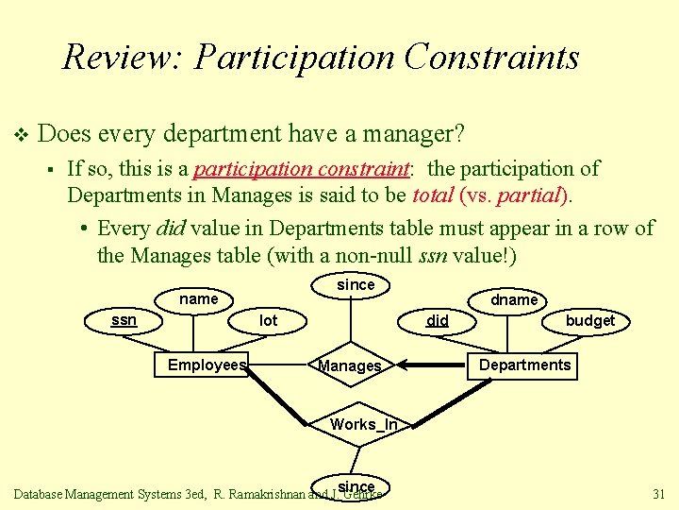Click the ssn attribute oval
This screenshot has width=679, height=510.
click(x=124, y=320)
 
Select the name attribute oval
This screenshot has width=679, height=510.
click(x=198, y=299)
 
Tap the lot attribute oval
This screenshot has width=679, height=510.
click(x=269, y=321)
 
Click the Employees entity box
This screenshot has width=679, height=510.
click(x=207, y=365)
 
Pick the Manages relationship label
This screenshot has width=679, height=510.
click(x=350, y=366)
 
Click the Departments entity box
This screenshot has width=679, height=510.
click(x=524, y=365)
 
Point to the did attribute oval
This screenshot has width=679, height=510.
click(x=438, y=321)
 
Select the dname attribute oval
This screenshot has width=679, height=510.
click(x=514, y=299)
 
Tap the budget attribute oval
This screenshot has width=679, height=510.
click(x=589, y=321)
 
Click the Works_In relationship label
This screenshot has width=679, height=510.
click(x=364, y=425)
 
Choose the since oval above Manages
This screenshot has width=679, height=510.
click(x=356, y=285)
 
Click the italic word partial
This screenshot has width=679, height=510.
click(x=536, y=196)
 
